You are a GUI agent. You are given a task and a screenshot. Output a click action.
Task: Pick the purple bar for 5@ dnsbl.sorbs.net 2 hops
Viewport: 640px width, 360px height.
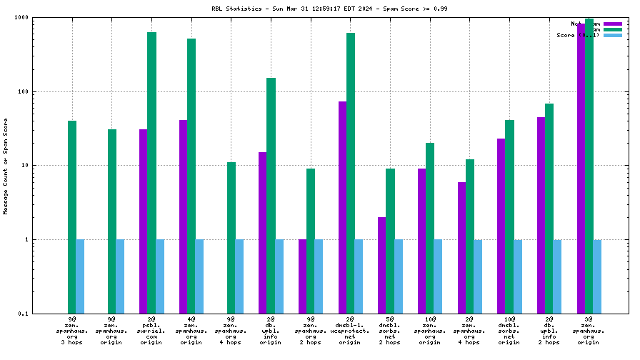pos(382,265)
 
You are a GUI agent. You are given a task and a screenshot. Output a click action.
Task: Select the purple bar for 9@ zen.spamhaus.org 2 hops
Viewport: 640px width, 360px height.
pos(303,276)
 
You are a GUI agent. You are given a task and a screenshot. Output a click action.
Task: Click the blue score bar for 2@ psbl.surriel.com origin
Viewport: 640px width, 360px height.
pos(160,276)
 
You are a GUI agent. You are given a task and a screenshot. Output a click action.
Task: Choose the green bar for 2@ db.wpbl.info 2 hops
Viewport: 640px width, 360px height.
pos(549,208)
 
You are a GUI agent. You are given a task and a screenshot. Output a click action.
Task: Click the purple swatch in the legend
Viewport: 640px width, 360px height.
pos(613,24)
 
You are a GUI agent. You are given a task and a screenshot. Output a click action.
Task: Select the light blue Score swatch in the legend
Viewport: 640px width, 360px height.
pos(613,35)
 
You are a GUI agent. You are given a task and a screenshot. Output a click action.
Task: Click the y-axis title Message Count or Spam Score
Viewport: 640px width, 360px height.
pos(6,166)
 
